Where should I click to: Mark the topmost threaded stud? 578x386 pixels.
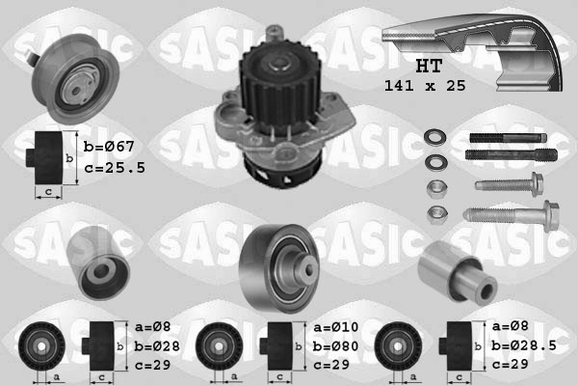click(507, 135)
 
